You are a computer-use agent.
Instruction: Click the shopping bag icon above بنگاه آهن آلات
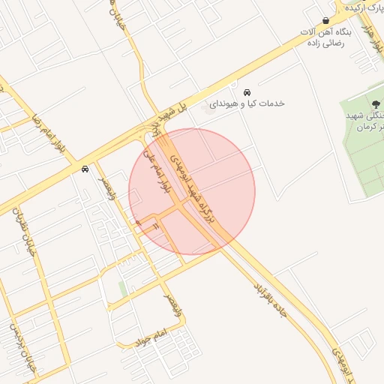(325, 20)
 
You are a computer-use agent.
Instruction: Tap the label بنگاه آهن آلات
(325, 33)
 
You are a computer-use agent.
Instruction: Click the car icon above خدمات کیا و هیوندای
(246, 91)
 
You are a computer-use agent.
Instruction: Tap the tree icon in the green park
(376, 103)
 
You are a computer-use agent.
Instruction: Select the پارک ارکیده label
(364, 7)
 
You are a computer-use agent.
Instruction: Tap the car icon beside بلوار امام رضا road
(85, 169)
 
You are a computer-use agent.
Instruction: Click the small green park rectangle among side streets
(122, 289)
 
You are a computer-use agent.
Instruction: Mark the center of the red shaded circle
(192, 191)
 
